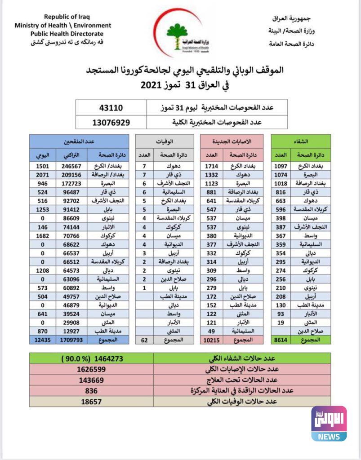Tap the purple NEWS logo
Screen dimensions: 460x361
click(x=329, y=423)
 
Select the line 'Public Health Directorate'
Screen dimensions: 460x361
click(x=67, y=34)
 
